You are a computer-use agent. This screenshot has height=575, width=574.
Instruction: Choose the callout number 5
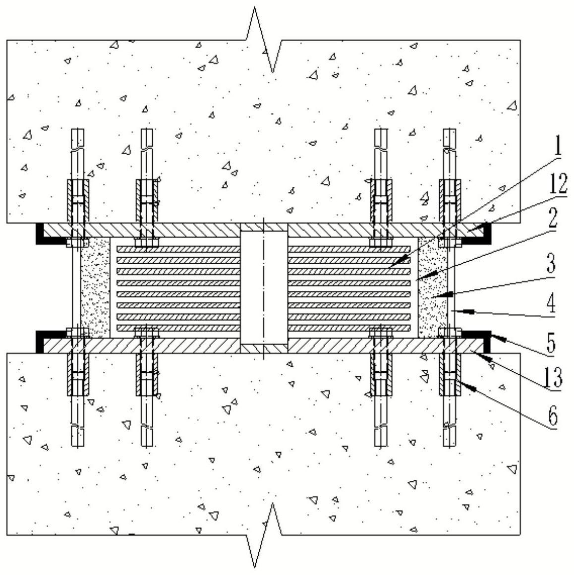[552, 342]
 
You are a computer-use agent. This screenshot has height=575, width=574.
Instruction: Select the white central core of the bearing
[264, 288]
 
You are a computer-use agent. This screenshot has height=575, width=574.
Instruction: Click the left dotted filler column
[95, 287]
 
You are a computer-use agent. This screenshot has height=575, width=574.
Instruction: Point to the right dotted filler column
[433, 287]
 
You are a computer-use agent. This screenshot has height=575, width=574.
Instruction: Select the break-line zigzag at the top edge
[264, 40]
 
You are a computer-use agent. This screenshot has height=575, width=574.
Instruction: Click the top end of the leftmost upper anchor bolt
[78, 129]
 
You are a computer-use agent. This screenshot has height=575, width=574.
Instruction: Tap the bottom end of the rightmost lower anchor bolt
[449, 446]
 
